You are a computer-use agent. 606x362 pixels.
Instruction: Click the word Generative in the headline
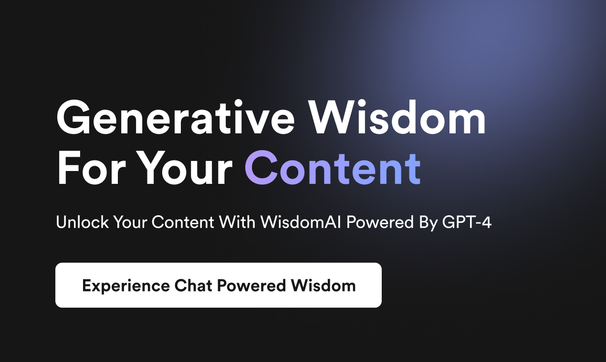click(x=175, y=117)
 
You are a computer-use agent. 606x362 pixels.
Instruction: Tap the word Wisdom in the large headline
click(x=397, y=117)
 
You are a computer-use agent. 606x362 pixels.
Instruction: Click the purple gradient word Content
click(x=333, y=168)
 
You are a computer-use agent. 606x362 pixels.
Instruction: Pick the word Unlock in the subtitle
click(x=82, y=222)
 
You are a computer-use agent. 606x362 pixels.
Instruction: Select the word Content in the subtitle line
click(x=183, y=222)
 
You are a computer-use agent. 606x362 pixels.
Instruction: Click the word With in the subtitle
click(x=237, y=222)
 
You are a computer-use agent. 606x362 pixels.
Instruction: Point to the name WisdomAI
click(x=301, y=222)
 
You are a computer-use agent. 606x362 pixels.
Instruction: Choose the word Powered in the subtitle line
click(x=380, y=222)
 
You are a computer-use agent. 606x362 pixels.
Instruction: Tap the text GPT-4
click(x=467, y=222)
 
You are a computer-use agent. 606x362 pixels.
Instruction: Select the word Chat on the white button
click(x=193, y=285)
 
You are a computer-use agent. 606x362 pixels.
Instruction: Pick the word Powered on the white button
click(x=251, y=285)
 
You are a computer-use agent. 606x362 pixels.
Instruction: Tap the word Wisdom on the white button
click(x=324, y=285)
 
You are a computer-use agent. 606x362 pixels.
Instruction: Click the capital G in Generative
click(x=73, y=117)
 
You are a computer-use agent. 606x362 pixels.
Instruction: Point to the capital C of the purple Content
click(x=261, y=168)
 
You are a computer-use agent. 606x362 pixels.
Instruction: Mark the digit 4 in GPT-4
click(x=486, y=222)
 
